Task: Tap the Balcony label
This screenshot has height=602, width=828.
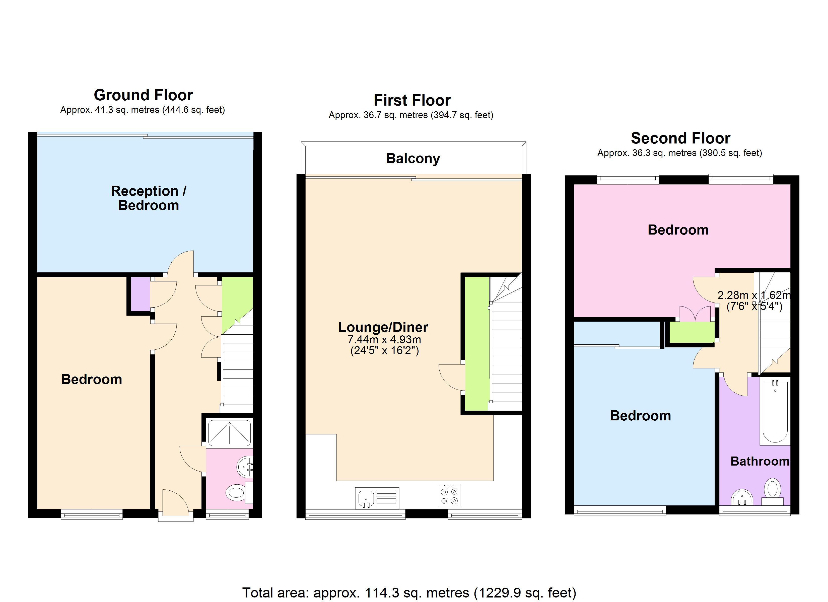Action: pyautogui.click(x=413, y=159)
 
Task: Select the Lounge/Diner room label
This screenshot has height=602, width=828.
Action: pyautogui.click(x=383, y=327)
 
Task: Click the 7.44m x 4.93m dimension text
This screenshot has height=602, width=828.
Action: pyautogui.click(x=384, y=340)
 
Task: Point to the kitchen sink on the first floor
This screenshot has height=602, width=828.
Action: pyautogui.click(x=366, y=498)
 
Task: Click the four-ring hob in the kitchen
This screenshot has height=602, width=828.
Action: pyautogui.click(x=449, y=495)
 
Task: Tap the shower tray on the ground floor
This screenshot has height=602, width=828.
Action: pyautogui.click(x=229, y=433)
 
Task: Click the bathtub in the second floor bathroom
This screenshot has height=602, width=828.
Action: pyautogui.click(x=775, y=411)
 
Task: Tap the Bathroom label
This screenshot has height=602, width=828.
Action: pyautogui.click(x=760, y=462)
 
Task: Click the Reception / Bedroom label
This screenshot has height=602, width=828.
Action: pyautogui.click(x=148, y=198)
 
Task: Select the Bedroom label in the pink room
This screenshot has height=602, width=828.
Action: pyautogui.click(x=678, y=230)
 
